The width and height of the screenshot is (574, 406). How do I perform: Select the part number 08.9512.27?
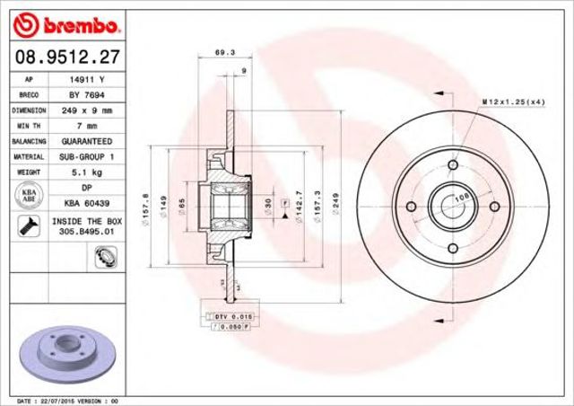point(65,57)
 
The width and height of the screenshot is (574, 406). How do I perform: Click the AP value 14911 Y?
point(86,79)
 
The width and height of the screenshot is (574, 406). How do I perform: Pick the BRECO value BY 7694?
point(86,94)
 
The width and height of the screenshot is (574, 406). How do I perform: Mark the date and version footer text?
point(66,401)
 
